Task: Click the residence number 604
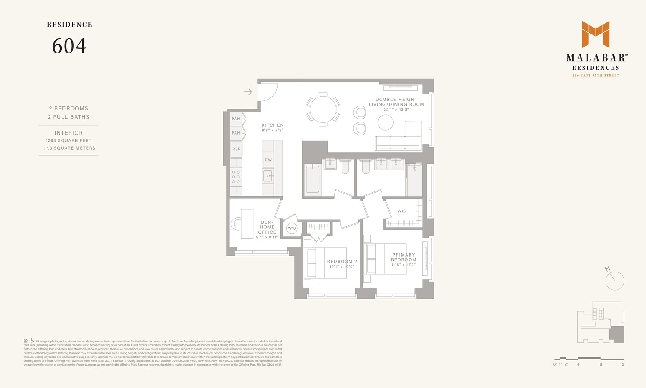(x=69, y=46)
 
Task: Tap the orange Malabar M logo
(x=596, y=34)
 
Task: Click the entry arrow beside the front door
(x=248, y=92)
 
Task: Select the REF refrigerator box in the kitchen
(x=236, y=149)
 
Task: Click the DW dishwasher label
(x=268, y=160)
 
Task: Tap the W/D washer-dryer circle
(x=292, y=228)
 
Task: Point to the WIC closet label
(x=402, y=211)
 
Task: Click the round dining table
(x=323, y=110)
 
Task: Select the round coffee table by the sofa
(x=385, y=122)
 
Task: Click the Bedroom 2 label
(x=342, y=261)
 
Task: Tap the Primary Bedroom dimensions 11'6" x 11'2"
(x=404, y=265)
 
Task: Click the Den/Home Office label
(x=267, y=227)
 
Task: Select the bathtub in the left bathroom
(x=312, y=179)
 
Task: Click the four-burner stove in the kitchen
(x=236, y=177)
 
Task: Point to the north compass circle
(x=615, y=281)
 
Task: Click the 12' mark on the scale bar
(x=622, y=364)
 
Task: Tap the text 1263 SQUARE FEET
(x=68, y=141)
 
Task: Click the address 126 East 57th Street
(x=596, y=75)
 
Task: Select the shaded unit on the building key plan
(x=617, y=334)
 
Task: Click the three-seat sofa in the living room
(x=398, y=143)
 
